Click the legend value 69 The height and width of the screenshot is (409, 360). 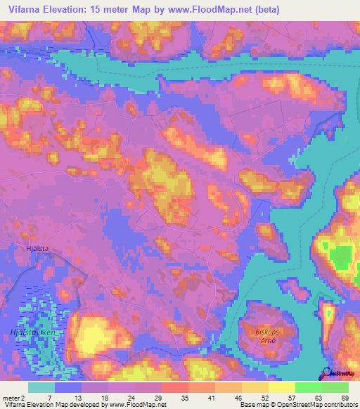tap(345, 397)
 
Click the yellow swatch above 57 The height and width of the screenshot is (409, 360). tap(282, 387)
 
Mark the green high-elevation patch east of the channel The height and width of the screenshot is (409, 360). tap(340, 256)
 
